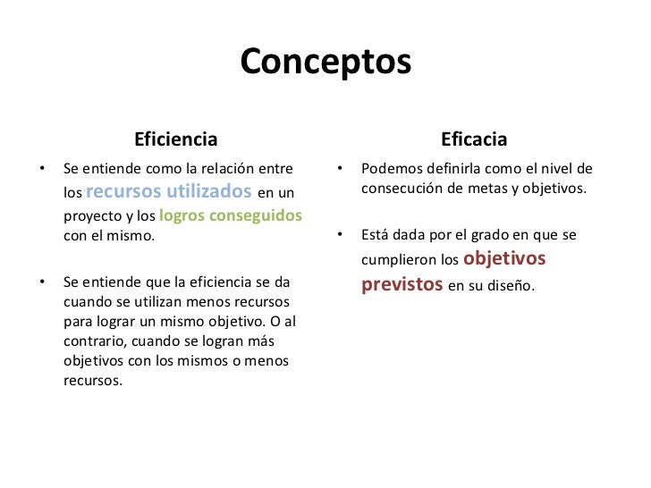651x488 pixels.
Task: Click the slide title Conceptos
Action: coord(325,63)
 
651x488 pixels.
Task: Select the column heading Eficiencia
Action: coord(175,139)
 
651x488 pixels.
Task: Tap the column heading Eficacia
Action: coord(474,139)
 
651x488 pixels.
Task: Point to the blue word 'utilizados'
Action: coord(209,190)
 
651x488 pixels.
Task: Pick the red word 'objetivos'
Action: coord(505,260)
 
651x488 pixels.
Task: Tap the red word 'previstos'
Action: coord(402,285)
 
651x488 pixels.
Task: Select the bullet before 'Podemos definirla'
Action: coord(340,168)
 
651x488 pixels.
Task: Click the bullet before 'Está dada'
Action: coord(340,236)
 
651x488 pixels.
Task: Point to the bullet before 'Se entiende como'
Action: coord(41,168)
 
